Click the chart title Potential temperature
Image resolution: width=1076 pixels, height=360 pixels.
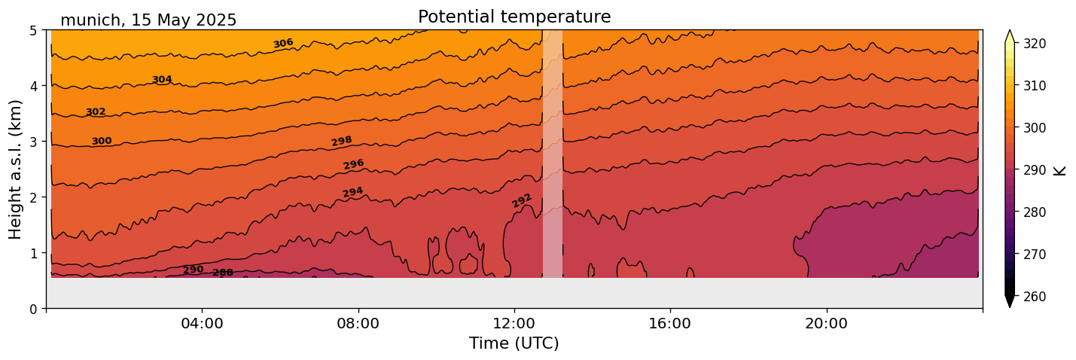coord(514,17)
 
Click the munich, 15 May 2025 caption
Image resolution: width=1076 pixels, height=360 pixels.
coord(148,20)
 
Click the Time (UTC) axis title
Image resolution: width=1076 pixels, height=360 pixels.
coord(514,343)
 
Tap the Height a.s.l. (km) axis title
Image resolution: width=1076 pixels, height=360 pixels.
coord(16,169)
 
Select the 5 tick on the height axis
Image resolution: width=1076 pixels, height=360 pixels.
coord(33,31)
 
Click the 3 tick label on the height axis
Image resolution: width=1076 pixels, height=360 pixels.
coord(33,142)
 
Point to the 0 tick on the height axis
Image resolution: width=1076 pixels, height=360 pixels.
coord(33,309)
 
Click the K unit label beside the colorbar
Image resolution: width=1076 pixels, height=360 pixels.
coord(1060,170)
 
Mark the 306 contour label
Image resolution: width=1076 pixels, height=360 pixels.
coord(283,44)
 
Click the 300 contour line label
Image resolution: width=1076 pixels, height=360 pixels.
coord(102,141)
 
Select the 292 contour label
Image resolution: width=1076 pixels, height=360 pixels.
coord(522,200)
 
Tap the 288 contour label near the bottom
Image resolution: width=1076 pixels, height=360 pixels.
coord(223,273)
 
